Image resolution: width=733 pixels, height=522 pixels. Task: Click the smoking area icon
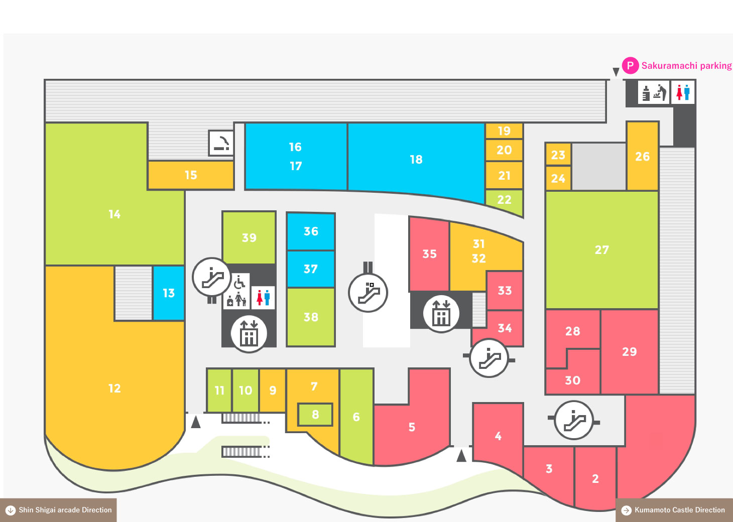tap(221, 143)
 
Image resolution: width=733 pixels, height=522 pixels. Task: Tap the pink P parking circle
tap(630, 65)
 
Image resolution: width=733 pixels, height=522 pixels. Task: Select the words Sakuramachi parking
tap(686, 66)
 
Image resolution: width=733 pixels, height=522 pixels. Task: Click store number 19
tap(504, 131)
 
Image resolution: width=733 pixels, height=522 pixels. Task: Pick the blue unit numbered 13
tap(169, 293)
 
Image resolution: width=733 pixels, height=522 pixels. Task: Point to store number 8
tap(315, 415)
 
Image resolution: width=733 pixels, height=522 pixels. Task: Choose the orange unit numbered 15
tap(191, 175)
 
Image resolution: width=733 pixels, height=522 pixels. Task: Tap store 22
tap(504, 200)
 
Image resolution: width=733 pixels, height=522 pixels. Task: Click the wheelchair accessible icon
tap(239, 282)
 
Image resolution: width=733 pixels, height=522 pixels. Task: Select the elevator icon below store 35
tap(441, 313)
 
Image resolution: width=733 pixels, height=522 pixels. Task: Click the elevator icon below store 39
tap(249, 334)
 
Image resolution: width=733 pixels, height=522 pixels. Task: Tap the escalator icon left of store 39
tap(212, 277)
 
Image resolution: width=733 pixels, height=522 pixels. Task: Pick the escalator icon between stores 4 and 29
tap(574, 420)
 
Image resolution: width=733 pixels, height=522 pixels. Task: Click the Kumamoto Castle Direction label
tap(674, 510)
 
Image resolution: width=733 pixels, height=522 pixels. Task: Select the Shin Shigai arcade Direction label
tap(58, 510)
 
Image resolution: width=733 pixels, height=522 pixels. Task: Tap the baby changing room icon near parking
tap(654, 92)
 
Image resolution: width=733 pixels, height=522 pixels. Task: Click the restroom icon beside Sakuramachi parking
tap(683, 92)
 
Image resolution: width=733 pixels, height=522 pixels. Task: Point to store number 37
tap(311, 269)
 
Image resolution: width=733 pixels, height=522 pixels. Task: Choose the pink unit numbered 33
tap(505, 291)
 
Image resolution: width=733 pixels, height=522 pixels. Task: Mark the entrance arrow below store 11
tap(196, 422)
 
